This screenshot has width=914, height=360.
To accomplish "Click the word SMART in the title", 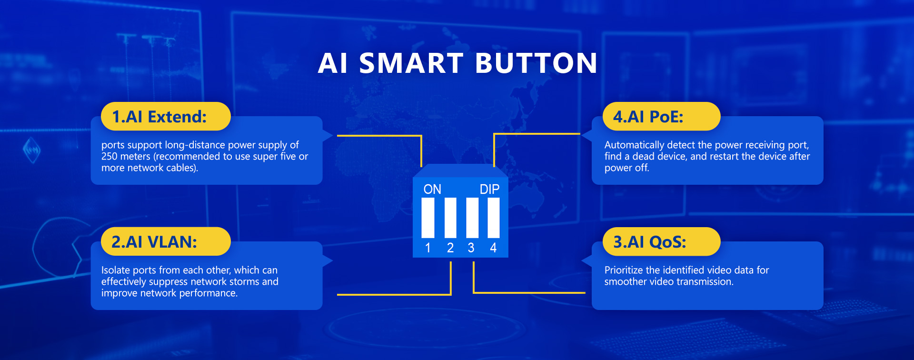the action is [411, 63].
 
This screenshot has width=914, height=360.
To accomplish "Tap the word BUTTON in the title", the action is [536, 63].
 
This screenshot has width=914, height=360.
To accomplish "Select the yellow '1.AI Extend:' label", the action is [166, 116].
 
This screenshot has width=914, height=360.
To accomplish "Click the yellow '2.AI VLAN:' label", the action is [166, 241].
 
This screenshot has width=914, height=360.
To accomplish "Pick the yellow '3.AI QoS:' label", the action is [661, 241].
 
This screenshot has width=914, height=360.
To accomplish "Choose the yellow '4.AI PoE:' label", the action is [661, 116].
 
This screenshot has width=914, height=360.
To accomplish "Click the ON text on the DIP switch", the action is [432, 189].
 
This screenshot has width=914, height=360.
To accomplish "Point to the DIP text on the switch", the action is [489, 189].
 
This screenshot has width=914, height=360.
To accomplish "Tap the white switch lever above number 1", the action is [428, 218].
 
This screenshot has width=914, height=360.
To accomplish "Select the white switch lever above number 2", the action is [450, 218].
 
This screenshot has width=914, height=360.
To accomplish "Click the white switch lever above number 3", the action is [472, 218].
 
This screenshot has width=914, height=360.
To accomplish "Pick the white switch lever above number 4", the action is [494, 218].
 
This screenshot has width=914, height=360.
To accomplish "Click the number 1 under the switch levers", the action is [428, 248].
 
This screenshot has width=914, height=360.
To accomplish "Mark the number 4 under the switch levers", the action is [493, 248].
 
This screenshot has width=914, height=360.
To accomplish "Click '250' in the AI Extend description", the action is [109, 156].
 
